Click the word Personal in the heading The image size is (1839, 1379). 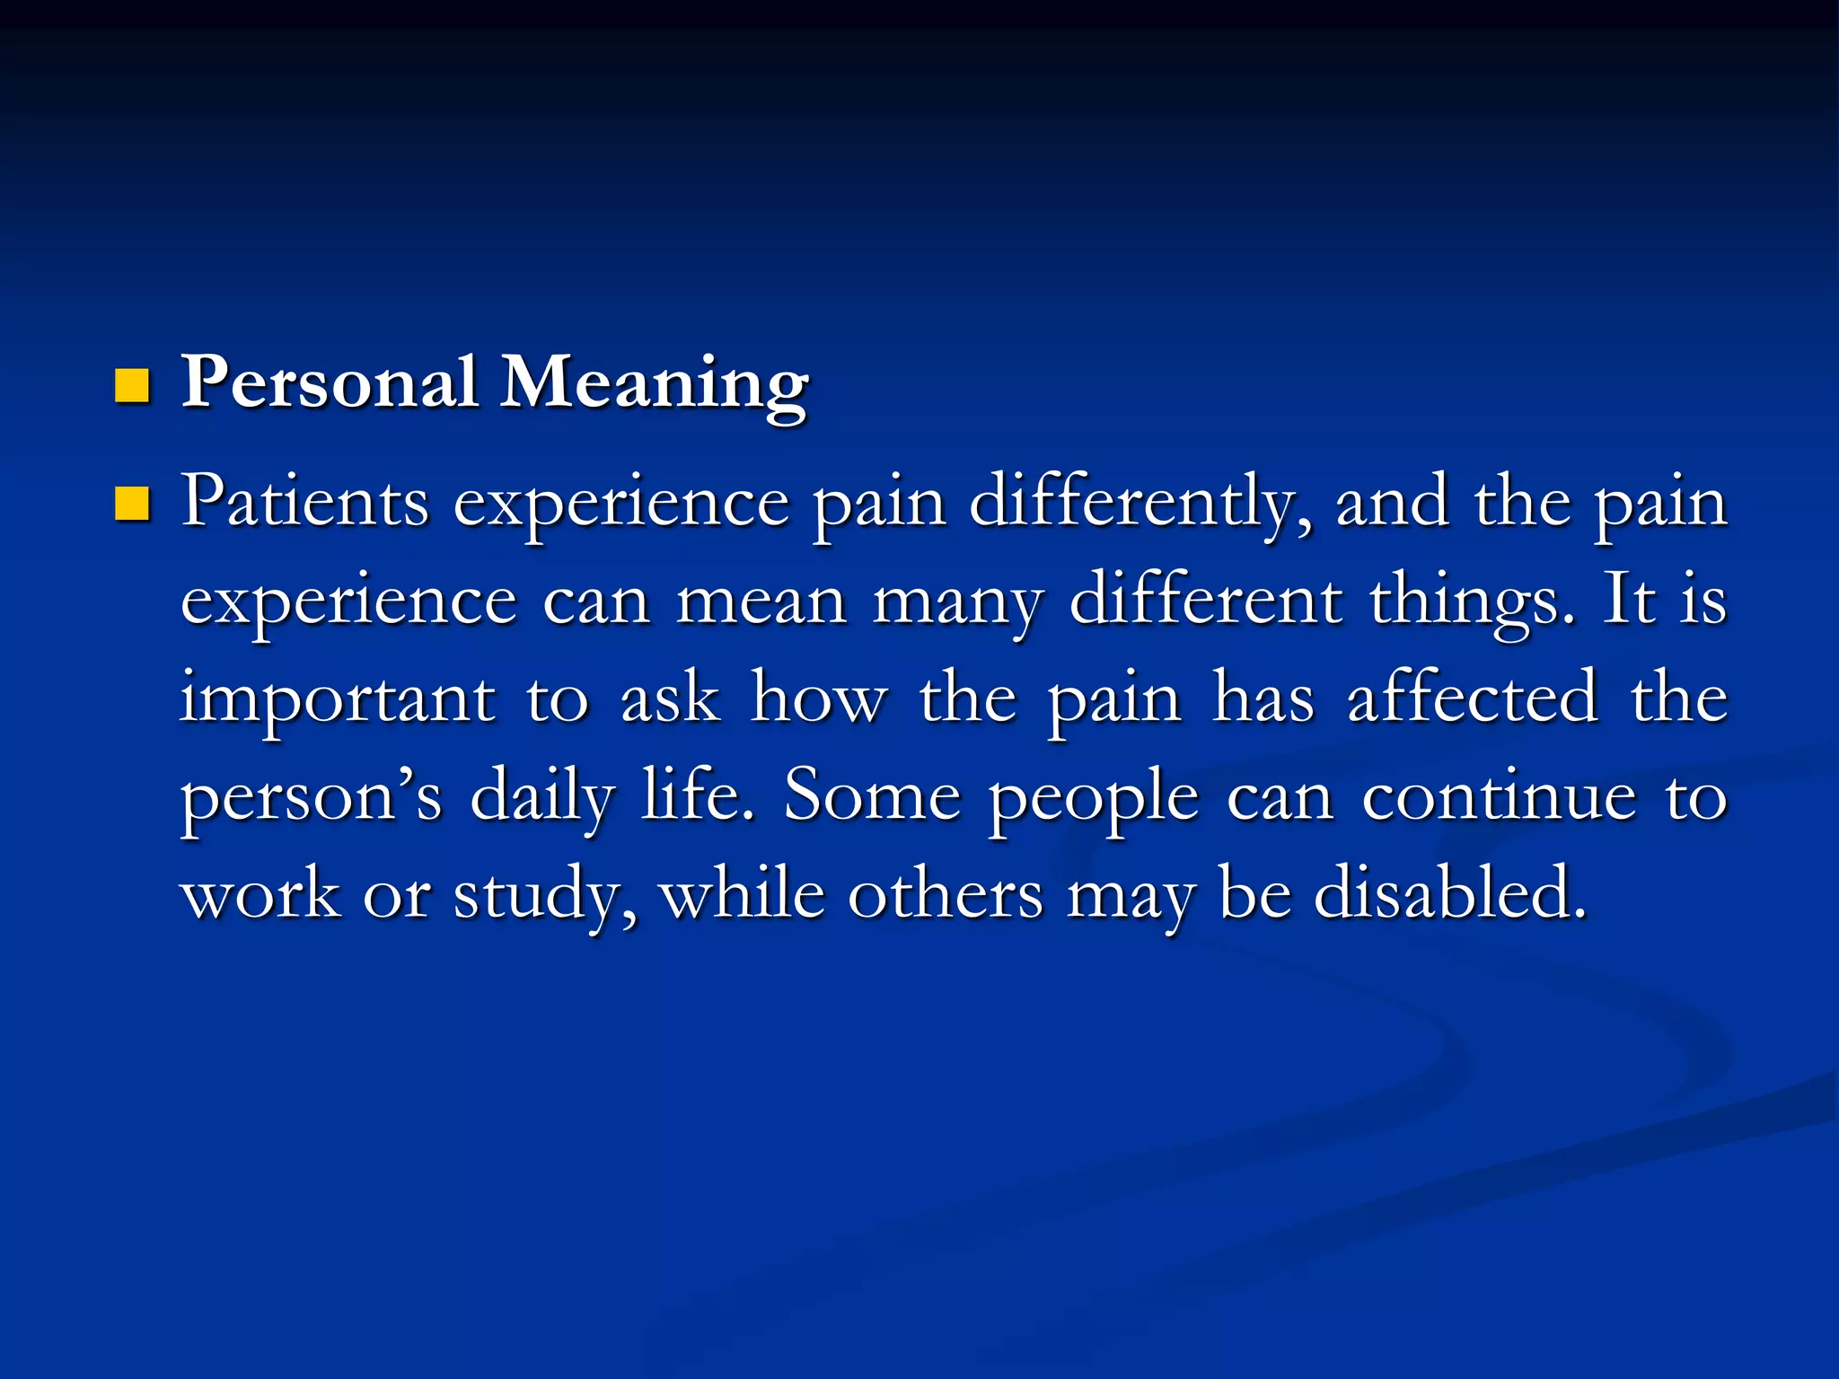click(x=329, y=383)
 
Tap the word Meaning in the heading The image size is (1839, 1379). click(x=655, y=387)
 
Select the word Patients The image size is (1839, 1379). click(x=305, y=503)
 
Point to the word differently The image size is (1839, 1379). click(x=1139, y=505)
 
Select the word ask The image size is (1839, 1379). click(x=670, y=698)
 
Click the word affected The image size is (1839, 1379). click(x=1473, y=698)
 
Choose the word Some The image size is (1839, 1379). click(x=872, y=796)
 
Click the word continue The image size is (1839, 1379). click(x=1499, y=796)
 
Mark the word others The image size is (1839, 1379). click(x=946, y=894)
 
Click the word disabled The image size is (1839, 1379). click(x=1448, y=894)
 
